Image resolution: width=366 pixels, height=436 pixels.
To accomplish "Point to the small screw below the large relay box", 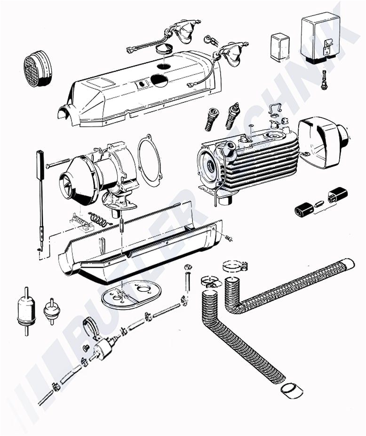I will pyautogui.click(x=324, y=79).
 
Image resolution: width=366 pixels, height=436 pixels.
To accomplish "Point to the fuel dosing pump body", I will pyautogui.click(x=103, y=348).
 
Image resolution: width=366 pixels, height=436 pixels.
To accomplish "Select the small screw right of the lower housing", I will pyautogui.click(x=229, y=237).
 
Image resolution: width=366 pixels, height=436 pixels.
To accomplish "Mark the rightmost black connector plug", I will pyautogui.click(x=338, y=195).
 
